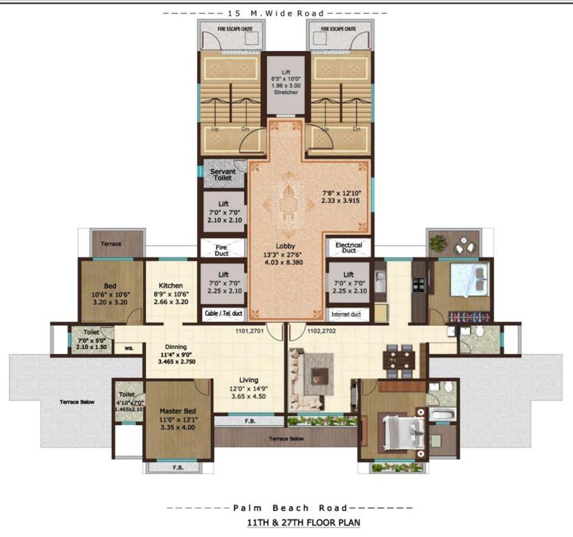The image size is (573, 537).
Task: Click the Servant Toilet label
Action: point(223,175)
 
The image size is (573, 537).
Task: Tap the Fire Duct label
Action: point(223,248)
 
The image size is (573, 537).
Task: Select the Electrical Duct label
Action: point(349,248)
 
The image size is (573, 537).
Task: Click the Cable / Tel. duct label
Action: point(224,315)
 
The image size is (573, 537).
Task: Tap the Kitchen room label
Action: point(171,285)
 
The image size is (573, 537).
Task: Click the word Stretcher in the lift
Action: point(285,92)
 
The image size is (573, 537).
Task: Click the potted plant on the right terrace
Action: point(438,244)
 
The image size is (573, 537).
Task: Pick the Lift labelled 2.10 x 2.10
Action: point(223,212)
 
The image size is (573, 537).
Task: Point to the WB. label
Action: point(129,348)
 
